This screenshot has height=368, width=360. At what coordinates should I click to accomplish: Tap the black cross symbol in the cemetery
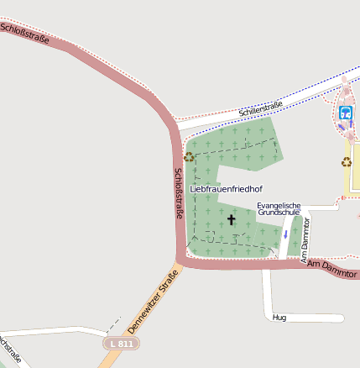pyautogui.click(x=232, y=220)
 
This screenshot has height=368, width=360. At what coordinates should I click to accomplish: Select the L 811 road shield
pyautogui.click(x=122, y=344)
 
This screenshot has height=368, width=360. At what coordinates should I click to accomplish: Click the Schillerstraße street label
pyautogui.click(x=260, y=107)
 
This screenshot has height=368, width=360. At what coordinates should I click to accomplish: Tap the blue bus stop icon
pyautogui.click(x=345, y=113)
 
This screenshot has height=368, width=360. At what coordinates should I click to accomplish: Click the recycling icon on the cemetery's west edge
pyautogui.click(x=190, y=156)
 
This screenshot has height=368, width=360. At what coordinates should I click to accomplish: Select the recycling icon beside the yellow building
pyautogui.click(x=346, y=161)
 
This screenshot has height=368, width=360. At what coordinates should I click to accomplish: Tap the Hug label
pyautogui.click(x=280, y=318)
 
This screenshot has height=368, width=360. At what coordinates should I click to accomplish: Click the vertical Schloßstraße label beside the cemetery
pyautogui.click(x=179, y=194)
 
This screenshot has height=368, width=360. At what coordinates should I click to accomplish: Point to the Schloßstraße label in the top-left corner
pyautogui.click(x=25, y=34)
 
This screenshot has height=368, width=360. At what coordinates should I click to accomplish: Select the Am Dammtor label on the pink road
pyautogui.click(x=333, y=269)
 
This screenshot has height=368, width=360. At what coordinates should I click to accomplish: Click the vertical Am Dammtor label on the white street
pyautogui.click(x=306, y=239)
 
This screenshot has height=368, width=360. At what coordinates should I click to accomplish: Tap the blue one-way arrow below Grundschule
pyautogui.click(x=285, y=234)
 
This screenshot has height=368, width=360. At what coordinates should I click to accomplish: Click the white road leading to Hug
pyautogui.click(x=267, y=294)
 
